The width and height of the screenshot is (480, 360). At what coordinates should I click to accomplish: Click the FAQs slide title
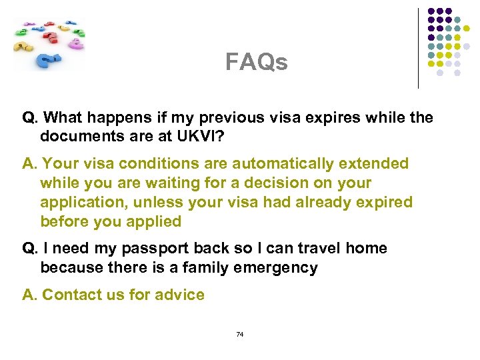click(257, 63)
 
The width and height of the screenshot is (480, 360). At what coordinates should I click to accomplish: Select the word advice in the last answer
click(179, 295)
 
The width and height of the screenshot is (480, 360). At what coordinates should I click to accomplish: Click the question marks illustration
click(49, 43)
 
